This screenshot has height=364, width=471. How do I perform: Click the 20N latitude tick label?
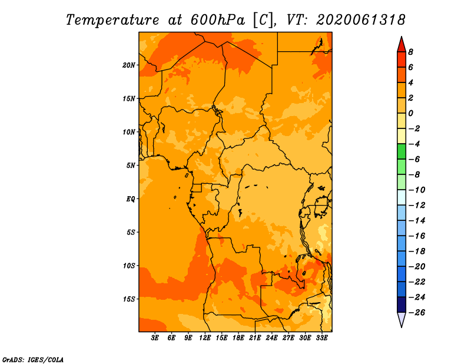pyautogui.click(x=129, y=65)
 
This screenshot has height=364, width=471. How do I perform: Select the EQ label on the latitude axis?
pyautogui.click(x=131, y=199)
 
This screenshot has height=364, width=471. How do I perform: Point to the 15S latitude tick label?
pyautogui.click(x=129, y=299)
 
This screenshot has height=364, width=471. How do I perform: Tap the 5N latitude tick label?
pyautogui.click(x=131, y=166)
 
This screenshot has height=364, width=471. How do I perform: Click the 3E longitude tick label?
pyautogui.click(x=155, y=338)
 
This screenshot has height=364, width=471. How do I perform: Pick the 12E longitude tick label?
pyautogui.click(x=205, y=338)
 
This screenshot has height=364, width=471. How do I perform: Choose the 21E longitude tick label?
pyautogui.click(x=255, y=338)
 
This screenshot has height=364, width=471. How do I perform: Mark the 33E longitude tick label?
pyautogui.click(x=321, y=338)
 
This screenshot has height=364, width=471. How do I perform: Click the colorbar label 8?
pyautogui.click(x=410, y=52)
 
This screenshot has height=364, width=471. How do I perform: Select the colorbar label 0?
pyautogui.click(x=410, y=113)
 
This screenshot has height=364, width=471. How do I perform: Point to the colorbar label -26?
pyautogui.click(x=417, y=313)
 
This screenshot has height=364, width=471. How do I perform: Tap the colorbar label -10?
pyautogui.click(x=417, y=190)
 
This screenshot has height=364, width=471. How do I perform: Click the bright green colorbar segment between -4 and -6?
pyautogui.click(x=402, y=151)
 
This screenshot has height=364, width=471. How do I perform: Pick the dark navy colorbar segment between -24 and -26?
pyautogui.click(x=402, y=305)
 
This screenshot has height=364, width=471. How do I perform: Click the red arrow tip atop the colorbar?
pyautogui.click(x=402, y=37)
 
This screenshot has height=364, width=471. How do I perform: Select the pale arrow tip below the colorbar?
pyautogui.click(x=402, y=327)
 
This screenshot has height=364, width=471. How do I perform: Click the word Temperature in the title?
pyautogui.click(x=112, y=20)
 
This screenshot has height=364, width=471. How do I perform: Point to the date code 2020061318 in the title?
pyautogui.click(x=361, y=20)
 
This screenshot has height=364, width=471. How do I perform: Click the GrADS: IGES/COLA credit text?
pyautogui.click(x=33, y=360)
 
